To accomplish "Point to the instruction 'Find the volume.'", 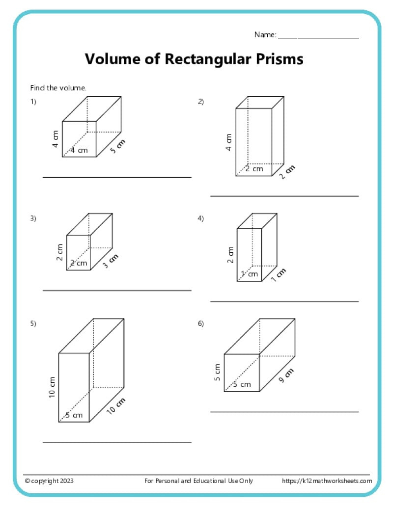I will point(58,88).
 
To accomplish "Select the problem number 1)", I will point(33,102).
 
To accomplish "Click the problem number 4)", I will point(200,218).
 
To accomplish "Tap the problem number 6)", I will point(200,323).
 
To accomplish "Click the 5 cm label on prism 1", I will point(117,147).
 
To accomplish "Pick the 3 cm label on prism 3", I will point(110,262).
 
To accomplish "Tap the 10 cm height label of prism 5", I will point(52,387).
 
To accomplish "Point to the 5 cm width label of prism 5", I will point(74,415).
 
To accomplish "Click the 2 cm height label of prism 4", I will point(230,254).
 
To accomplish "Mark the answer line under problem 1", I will point(117,177).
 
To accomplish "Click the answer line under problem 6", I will point(284,412).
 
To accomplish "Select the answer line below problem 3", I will point(117,291).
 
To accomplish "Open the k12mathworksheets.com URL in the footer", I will point(327,481).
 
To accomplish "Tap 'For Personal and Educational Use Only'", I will point(199,481).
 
